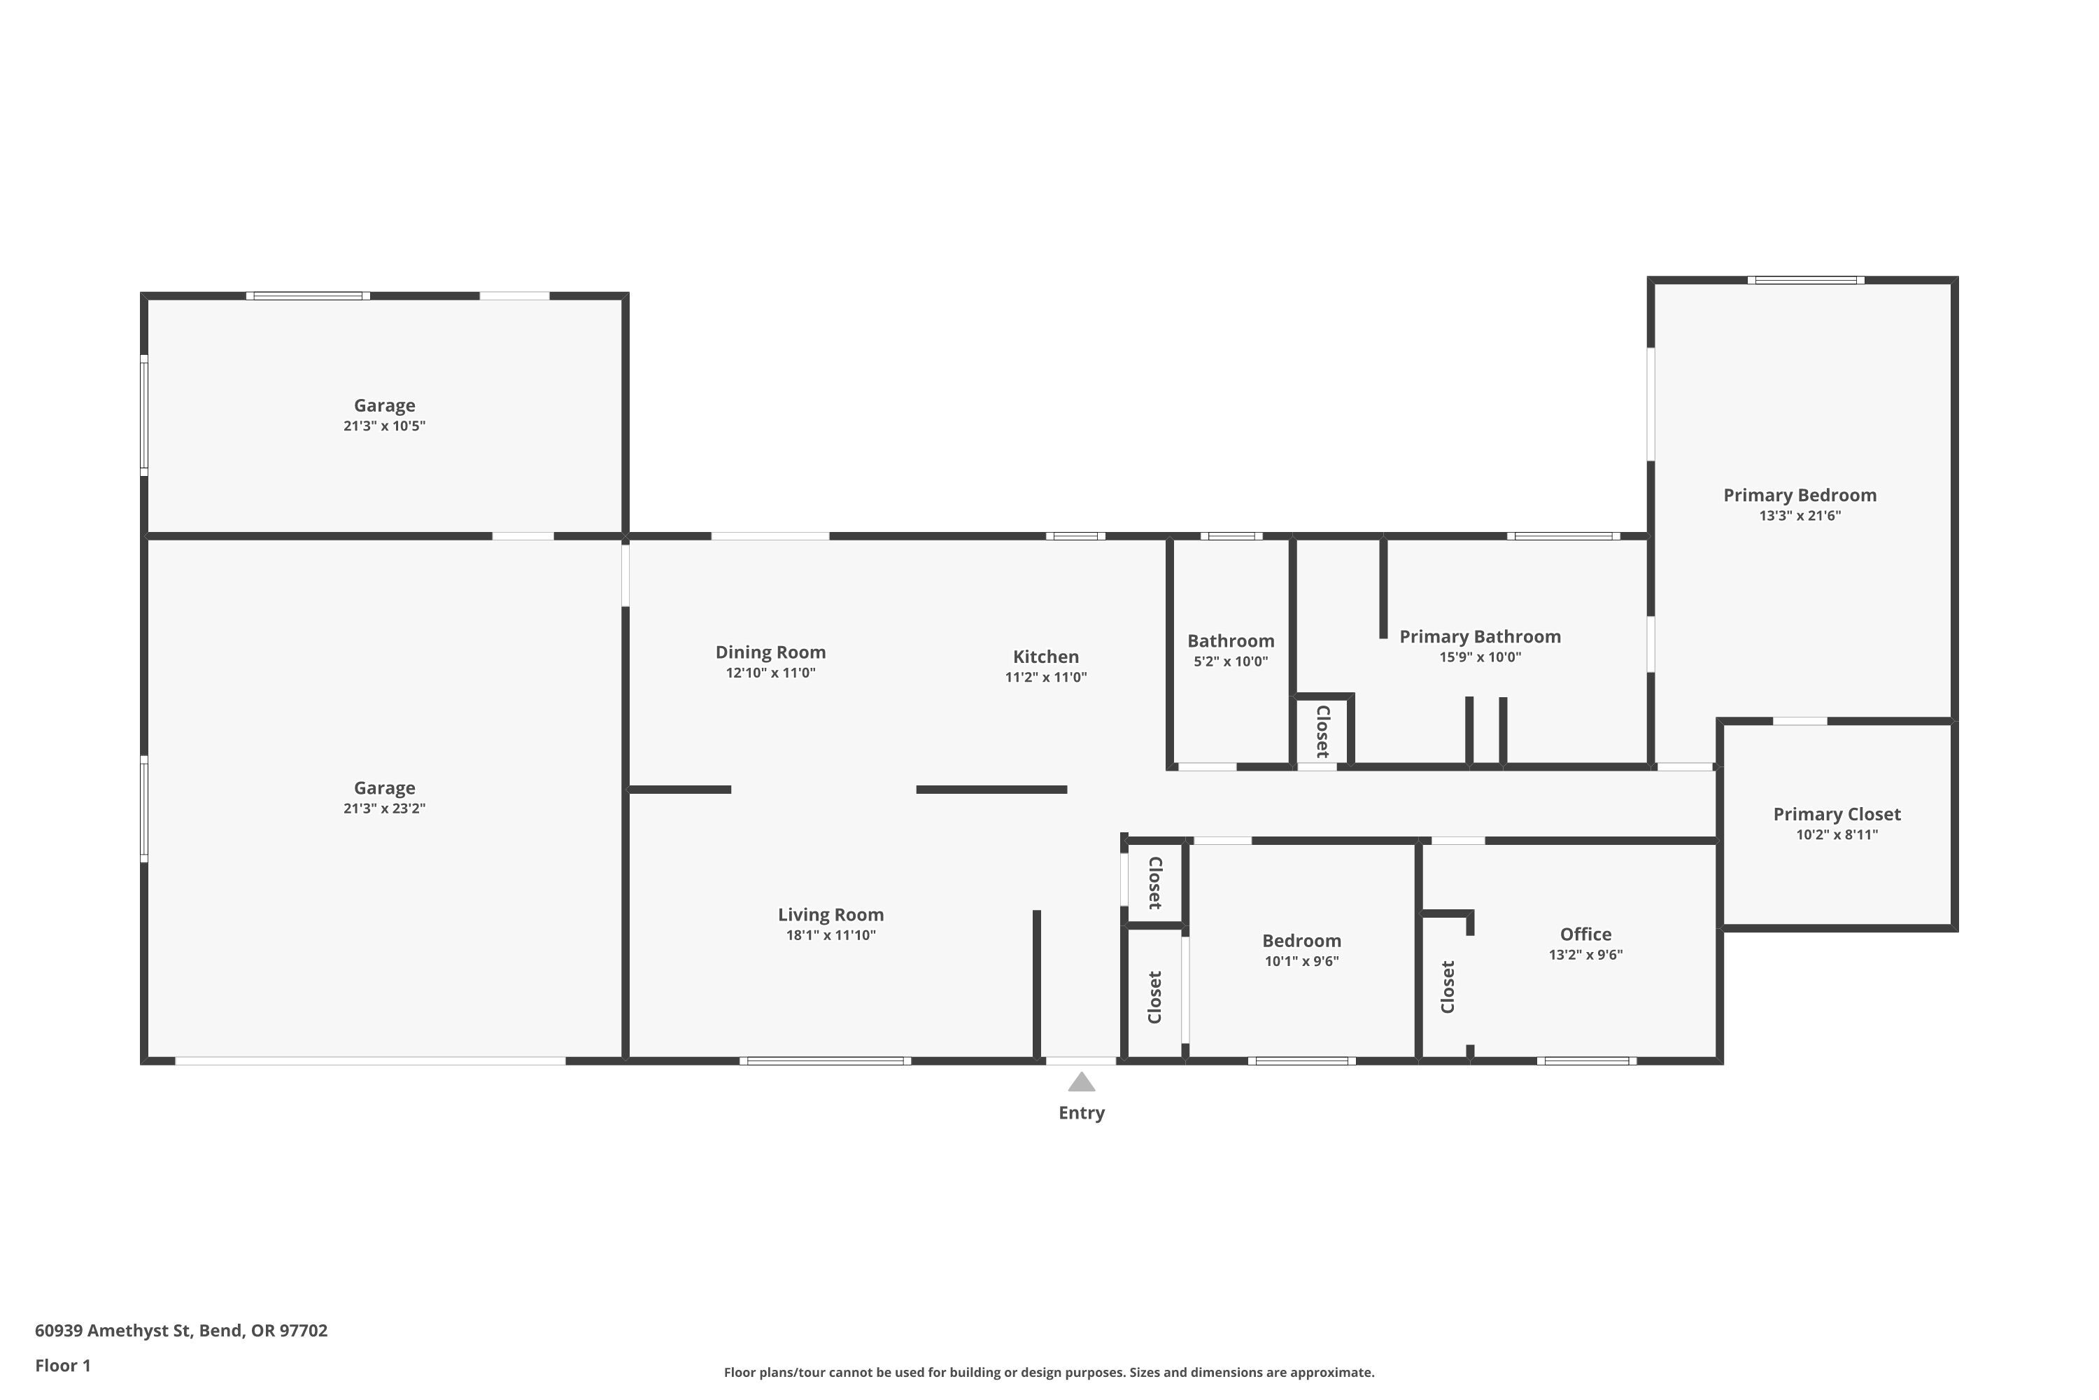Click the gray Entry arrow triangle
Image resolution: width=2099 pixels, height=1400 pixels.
(1081, 1082)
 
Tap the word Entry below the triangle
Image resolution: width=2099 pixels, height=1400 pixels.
(1081, 1112)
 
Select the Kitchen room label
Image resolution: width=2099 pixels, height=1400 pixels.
(1045, 657)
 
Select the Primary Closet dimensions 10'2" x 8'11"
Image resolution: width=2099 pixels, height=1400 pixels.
(1837, 835)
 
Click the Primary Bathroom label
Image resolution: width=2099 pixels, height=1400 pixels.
(1480, 636)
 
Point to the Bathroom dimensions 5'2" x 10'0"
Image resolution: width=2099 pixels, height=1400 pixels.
(1230, 661)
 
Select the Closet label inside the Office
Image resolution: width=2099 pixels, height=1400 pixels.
(1448, 986)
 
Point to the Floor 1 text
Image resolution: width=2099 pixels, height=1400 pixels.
(62, 1365)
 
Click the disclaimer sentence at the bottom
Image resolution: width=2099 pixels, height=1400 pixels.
(1049, 1372)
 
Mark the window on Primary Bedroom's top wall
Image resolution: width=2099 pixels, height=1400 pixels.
(1805, 281)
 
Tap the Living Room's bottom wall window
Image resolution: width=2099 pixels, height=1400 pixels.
(825, 1060)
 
